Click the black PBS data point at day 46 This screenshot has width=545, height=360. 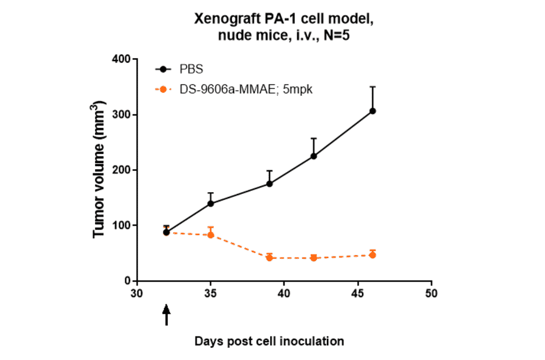(x=372, y=111)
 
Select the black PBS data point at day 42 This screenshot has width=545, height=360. (x=314, y=156)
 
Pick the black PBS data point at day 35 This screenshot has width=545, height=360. (x=211, y=204)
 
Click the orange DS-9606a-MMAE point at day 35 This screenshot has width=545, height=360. (x=211, y=235)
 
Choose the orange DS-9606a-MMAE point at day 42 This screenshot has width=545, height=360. (x=314, y=258)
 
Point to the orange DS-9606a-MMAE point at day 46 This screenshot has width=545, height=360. (x=372, y=255)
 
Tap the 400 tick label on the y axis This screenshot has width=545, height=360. (x=122, y=59)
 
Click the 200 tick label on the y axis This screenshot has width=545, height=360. (x=122, y=170)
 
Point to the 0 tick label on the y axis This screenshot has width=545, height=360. (x=127, y=281)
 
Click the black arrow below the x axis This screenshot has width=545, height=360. (x=167, y=315)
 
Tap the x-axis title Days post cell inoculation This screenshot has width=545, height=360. (x=269, y=341)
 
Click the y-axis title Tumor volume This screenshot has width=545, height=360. (x=99, y=170)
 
